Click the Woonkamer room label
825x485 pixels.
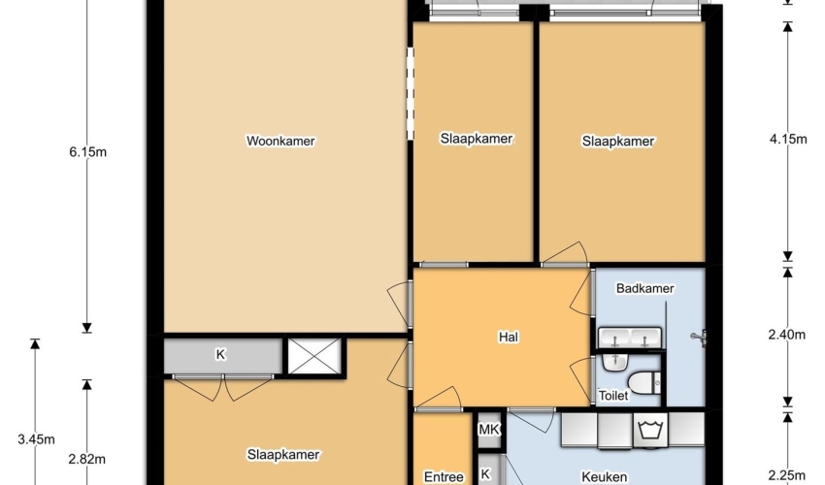[x=280, y=141]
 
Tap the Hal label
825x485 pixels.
[x=509, y=337]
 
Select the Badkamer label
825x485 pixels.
[x=645, y=288]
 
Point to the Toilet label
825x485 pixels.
[x=613, y=396]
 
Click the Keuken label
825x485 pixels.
[x=604, y=477]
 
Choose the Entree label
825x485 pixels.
[x=444, y=477]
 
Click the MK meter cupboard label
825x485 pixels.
[x=488, y=430]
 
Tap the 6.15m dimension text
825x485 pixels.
[x=88, y=152]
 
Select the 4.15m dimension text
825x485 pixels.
[x=788, y=139]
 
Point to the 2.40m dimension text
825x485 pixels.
[x=787, y=335]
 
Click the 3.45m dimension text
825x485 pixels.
[x=36, y=439]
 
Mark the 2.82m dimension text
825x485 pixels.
[x=86, y=459]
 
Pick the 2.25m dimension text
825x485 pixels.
[x=787, y=475]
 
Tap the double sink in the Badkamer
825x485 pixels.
[x=630, y=338]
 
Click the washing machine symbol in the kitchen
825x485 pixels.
[x=650, y=430]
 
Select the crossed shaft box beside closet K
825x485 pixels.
[x=314, y=357]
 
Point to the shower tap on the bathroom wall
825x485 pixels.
[x=699, y=338]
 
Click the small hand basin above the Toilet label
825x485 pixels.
[x=614, y=362]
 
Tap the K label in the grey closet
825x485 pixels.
[x=220, y=355]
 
